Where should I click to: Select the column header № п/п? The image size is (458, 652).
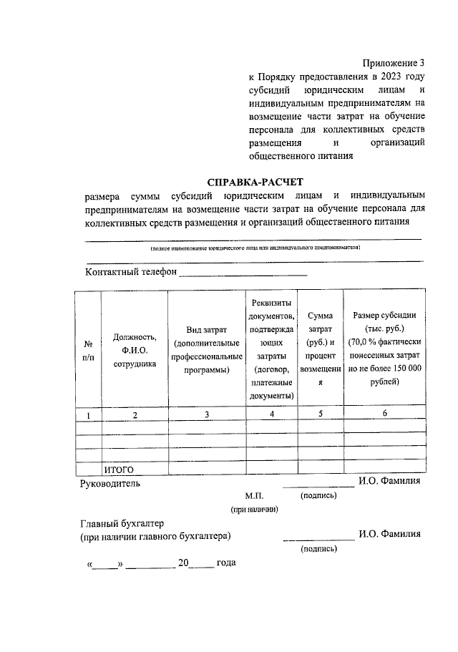tap(88, 349)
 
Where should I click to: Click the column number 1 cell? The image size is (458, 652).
tap(88, 414)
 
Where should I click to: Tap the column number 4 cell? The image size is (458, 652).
tap(271, 414)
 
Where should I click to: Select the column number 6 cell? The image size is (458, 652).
tap(384, 414)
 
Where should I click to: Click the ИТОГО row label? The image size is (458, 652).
tap(120, 469)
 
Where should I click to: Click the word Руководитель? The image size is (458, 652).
tap(110, 483)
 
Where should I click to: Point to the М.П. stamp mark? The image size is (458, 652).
tap(254, 495)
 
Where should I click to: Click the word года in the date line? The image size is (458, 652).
tap(225, 563)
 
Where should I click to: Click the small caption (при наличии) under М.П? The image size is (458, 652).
tap(253, 509)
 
